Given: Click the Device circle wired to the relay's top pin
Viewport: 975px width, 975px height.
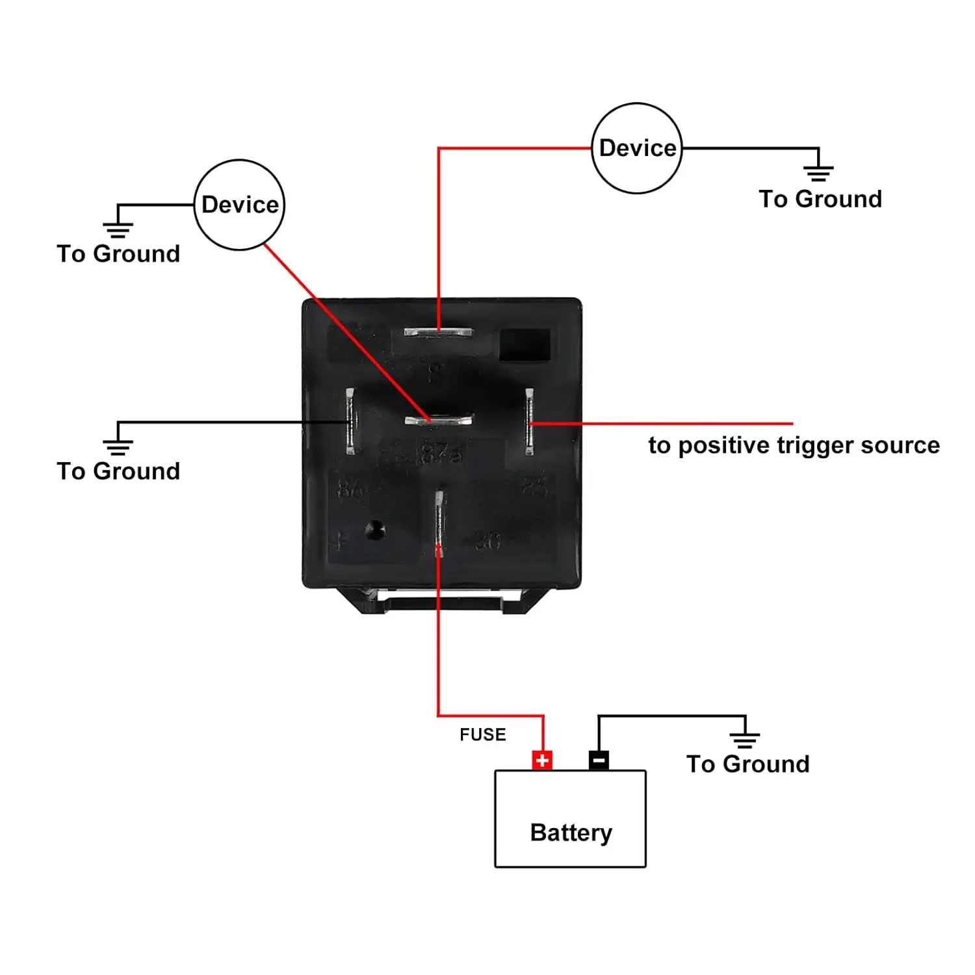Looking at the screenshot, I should click(637, 148).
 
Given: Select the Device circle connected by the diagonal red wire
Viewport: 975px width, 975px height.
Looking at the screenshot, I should click(239, 205).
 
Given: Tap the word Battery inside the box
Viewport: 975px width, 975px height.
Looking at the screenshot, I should click(571, 833).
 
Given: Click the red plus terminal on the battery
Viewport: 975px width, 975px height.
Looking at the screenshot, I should click(542, 760).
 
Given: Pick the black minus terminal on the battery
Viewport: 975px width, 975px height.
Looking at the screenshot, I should click(599, 760).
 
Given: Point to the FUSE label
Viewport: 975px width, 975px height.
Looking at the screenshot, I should click(482, 734).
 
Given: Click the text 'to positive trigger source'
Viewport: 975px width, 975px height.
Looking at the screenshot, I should click(794, 445).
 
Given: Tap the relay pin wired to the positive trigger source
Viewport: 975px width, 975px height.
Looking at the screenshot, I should click(530, 421).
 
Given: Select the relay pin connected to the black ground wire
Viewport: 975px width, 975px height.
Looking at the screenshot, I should click(350, 421).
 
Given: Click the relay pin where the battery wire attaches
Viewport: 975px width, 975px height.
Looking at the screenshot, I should click(439, 524).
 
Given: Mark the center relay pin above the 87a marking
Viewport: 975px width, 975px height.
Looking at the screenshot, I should click(438, 421).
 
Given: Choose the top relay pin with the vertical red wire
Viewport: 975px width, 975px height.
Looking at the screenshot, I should click(438, 332).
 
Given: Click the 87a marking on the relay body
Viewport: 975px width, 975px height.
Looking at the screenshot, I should click(442, 453).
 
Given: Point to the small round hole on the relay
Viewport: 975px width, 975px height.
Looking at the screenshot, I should click(374, 530).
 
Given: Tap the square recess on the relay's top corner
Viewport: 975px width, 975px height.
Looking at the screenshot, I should click(524, 344).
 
